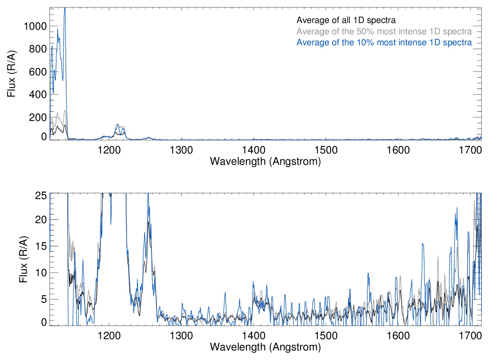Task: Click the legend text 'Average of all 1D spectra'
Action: point(346,20)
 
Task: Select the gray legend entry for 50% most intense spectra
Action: point(384,31)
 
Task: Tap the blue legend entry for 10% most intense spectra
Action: point(384,42)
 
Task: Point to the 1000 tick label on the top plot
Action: point(35,26)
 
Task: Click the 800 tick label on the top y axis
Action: point(38,49)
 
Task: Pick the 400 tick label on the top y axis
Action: point(38,94)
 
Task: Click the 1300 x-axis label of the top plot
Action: point(181,150)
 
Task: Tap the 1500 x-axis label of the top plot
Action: point(326,150)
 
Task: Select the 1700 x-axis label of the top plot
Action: point(470,150)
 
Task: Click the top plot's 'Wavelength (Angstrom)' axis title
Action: point(265,162)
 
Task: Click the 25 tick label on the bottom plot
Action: point(41,196)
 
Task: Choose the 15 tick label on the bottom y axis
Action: point(41,246)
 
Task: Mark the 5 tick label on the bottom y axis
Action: point(44,299)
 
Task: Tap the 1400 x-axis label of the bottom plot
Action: point(254,336)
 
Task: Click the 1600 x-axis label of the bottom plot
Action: point(398,336)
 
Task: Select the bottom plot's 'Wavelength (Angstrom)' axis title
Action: point(265,347)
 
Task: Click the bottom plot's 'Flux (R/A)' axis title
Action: point(23,260)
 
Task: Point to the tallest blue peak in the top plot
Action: point(65,8)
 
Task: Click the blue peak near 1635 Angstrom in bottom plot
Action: point(422,244)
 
